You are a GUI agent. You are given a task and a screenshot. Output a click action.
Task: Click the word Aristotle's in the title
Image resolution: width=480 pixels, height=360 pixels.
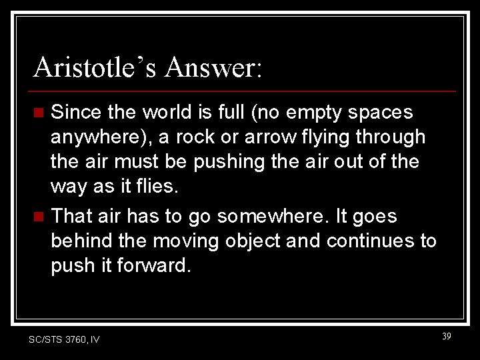pos(94,68)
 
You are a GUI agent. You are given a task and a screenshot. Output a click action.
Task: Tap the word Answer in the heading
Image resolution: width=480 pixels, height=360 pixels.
pos(213,68)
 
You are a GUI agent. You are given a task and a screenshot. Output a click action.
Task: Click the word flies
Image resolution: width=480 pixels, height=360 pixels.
pos(157,187)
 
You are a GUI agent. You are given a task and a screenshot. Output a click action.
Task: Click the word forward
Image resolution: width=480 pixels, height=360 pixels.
pos(153,265)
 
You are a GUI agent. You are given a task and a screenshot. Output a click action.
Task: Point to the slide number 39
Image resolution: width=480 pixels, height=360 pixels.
pos(446,337)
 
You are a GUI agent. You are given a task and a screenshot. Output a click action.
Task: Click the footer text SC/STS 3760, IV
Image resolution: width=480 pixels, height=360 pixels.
pos(64,339)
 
